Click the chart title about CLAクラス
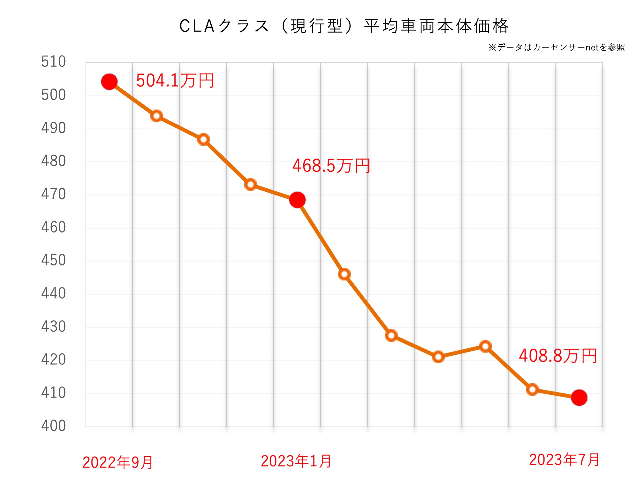tap(344, 26)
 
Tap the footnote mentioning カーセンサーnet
tap(556, 47)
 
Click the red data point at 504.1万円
tap(109, 82)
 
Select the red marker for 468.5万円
tap(297, 200)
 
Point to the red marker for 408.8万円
tap(579, 398)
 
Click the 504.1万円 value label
tap(175, 81)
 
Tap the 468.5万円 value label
tap(331, 166)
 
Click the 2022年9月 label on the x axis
tap(118, 462)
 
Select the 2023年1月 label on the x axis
tap(296, 461)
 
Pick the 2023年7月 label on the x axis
tap(564, 460)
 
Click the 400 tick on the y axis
tap(53, 426)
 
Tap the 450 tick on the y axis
tap(53, 260)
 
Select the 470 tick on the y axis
tap(53, 194)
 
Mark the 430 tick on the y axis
tap(53, 327)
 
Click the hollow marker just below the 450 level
tap(344, 274)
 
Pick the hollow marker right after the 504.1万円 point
tap(156, 116)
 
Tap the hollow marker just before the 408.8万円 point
tap(532, 390)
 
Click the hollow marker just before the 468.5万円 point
tap(251, 184)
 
